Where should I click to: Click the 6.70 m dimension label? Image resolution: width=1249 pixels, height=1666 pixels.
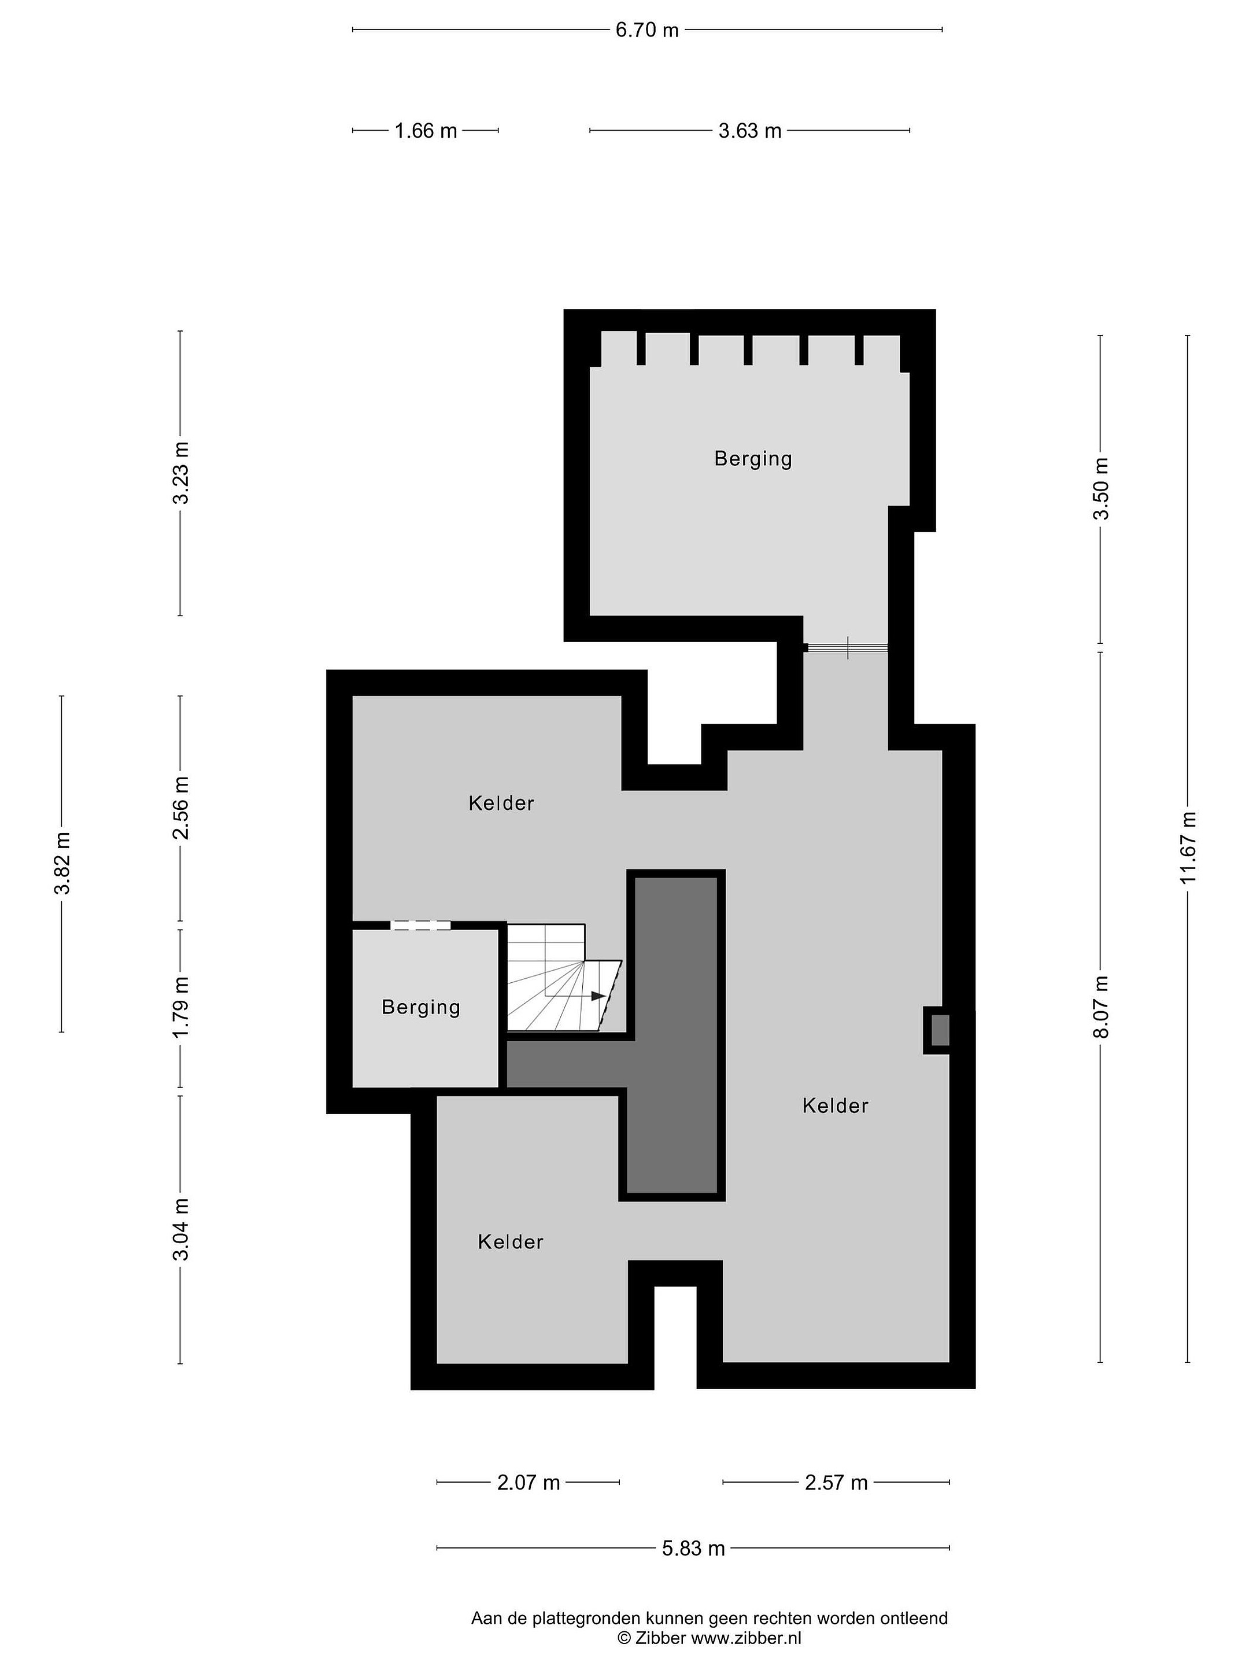point(646,30)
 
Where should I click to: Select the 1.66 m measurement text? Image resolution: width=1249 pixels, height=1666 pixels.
point(426,131)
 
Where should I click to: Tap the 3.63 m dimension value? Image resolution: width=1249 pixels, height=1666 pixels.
point(750,131)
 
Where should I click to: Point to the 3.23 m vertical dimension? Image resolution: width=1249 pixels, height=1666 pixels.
point(180,473)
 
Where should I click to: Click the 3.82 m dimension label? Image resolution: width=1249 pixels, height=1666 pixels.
point(62,863)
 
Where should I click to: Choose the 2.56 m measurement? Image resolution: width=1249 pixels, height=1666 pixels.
point(180,808)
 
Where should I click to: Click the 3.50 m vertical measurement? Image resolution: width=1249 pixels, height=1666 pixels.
point(1102,489)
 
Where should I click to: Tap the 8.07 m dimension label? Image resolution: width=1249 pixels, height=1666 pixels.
point(1102,1006)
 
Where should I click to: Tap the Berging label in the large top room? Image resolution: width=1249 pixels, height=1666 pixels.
point(753,459)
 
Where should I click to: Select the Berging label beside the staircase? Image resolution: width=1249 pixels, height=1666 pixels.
point(421,1007)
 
